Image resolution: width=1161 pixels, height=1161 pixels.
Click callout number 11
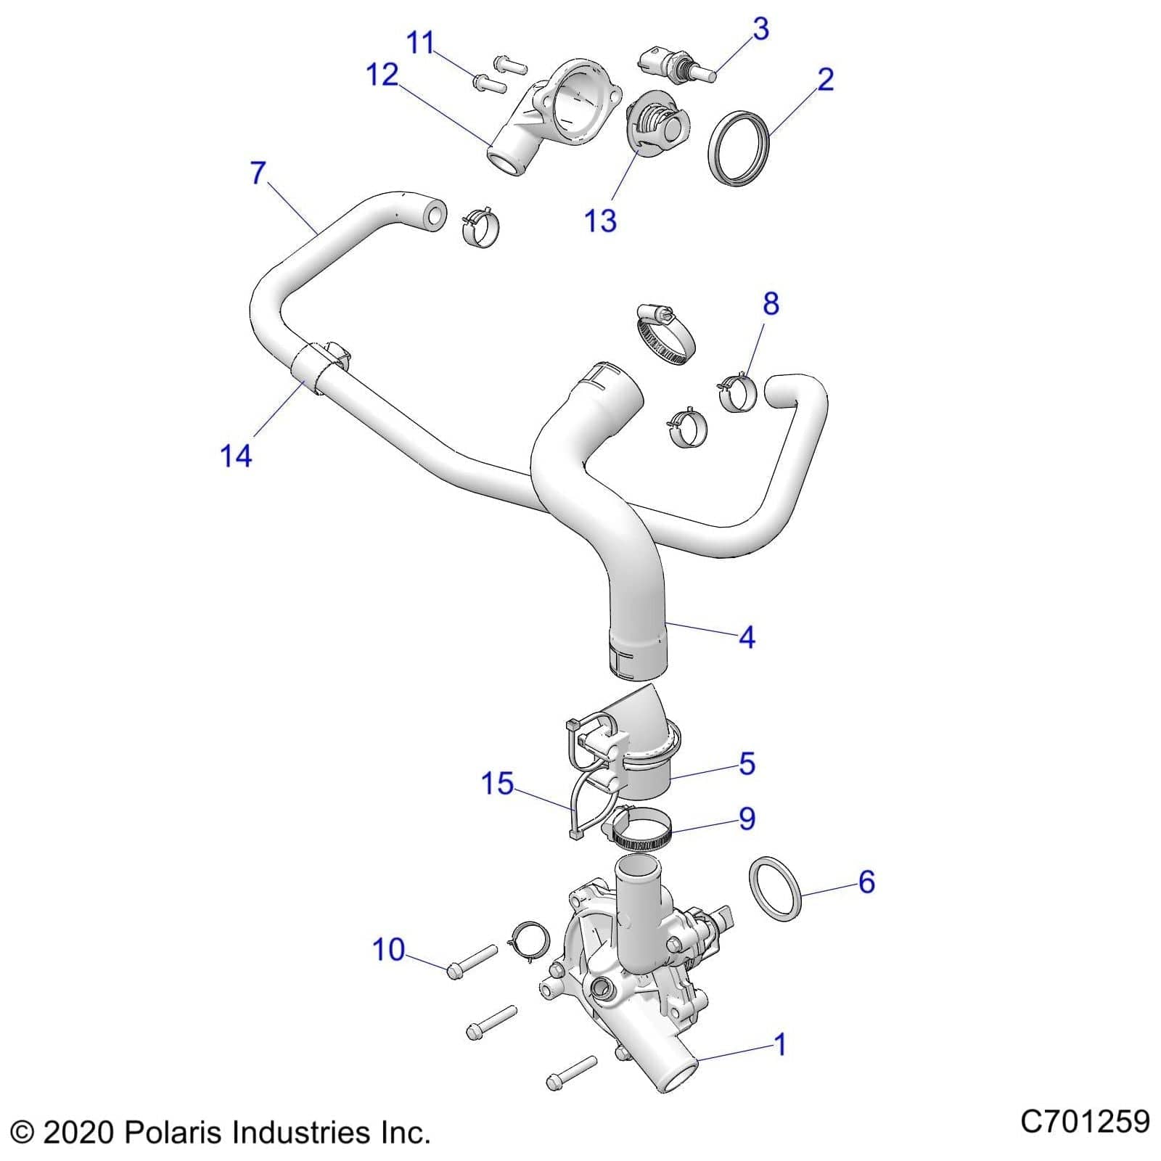click(419, 43)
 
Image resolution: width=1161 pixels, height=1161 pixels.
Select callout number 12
click(382, 75)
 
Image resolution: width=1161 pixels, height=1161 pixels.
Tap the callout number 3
click(760, 29)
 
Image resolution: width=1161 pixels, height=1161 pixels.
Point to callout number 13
click(600, 220)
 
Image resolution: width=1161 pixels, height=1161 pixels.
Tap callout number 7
click(258, 173)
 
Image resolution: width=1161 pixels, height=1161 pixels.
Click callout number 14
click(236, 456)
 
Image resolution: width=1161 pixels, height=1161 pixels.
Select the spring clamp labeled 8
click(735, 392)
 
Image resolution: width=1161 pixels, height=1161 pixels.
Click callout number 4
click(747, 637)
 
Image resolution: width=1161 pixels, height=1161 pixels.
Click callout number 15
click(498, 784)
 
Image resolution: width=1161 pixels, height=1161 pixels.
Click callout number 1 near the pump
click(780, 1045)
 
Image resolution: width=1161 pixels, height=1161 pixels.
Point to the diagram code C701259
click(1085, 1122)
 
